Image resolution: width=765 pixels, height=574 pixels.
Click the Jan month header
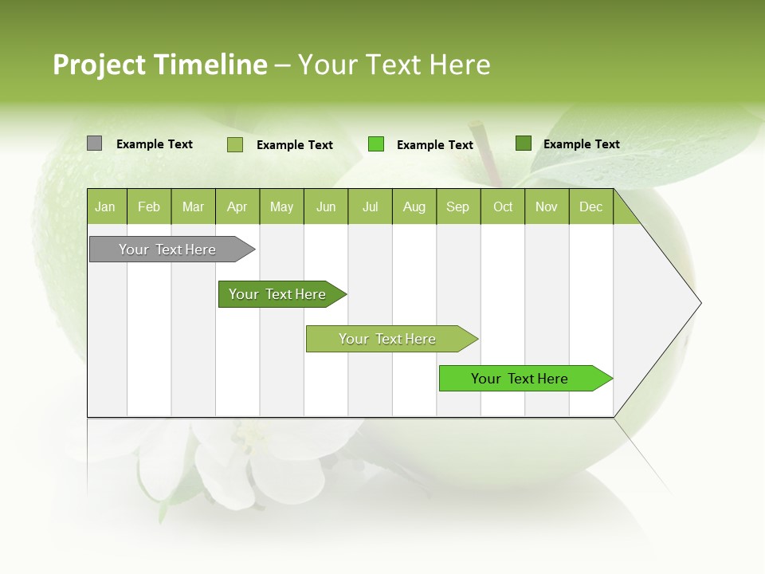tap(105, 207)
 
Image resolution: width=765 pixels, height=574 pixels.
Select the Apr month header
tap(237, 207)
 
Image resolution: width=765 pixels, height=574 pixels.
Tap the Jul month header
tap(370, 207)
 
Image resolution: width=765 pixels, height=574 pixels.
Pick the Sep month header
tap(457, 207)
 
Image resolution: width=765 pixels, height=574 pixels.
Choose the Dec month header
tap(590, 207)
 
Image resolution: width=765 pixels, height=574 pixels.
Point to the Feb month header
tap(149, 207)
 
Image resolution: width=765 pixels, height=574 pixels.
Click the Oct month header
tap(503, 207)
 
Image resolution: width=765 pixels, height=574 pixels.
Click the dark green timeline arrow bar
tap(279, 294)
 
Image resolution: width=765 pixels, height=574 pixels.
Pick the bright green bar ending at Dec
tap(522, 379)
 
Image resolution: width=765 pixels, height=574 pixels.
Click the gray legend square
tap(95, 143)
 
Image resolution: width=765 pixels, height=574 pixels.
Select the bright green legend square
tap(376, 144)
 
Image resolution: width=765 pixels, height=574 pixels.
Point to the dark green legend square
tap(523, 143)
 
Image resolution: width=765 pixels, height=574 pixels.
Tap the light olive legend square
tap(235, 144)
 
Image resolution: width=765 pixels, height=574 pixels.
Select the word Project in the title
tap(100, 65)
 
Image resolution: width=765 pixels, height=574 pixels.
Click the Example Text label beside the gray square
tap(155, 144)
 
